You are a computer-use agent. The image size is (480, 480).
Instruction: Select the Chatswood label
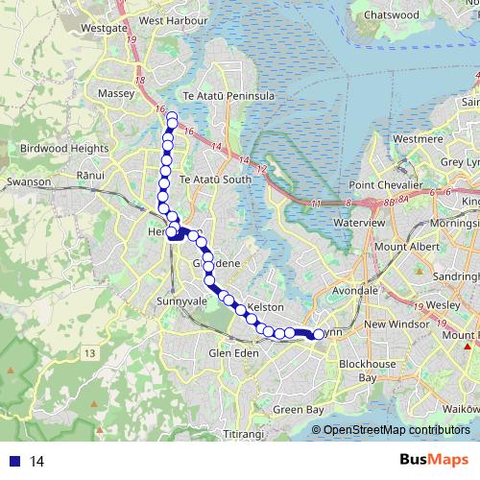(x=391, y=15)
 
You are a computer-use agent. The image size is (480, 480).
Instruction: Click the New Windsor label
(x=394, y=324)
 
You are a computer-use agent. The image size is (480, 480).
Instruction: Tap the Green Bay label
(x=295, y=410)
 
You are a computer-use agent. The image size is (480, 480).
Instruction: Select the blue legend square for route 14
(x=13, y=462)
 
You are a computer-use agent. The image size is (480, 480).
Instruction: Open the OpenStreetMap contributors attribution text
(x=396, y=430)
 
